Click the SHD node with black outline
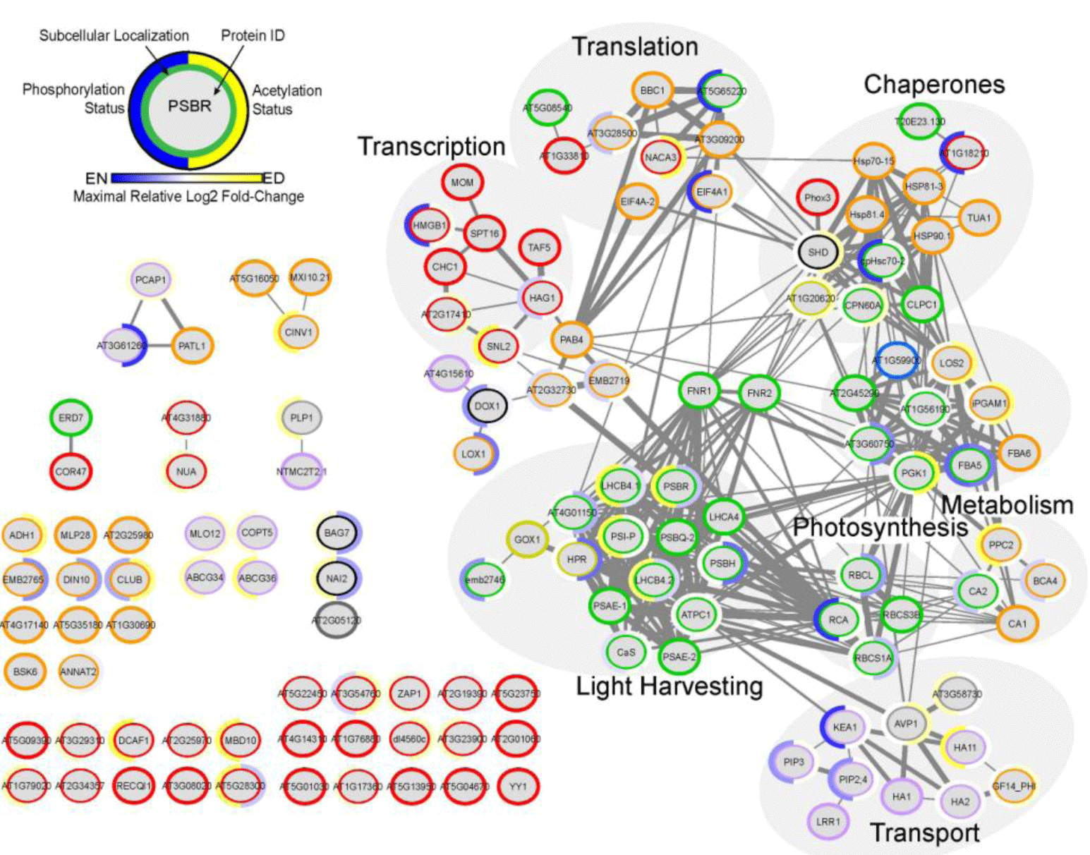[818, 252]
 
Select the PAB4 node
[571, 339]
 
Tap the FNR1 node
[699, 391]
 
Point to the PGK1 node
[914, 473]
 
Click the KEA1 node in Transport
[844, 727]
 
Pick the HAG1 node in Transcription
[542, 298]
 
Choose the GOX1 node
[527, 540]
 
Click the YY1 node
[518, 786]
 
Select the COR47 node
[71, 471]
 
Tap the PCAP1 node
[150, 280]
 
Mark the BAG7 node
[337, 533]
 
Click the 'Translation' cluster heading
[635, 47]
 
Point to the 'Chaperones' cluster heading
[934, 84]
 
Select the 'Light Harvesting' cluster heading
[669, 686]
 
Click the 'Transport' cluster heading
[924, 832]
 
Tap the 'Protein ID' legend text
[253, 35]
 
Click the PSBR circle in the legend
[189, 107]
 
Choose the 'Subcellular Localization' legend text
[114, 35]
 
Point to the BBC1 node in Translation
[653, 90]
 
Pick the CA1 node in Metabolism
[1017, 623]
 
